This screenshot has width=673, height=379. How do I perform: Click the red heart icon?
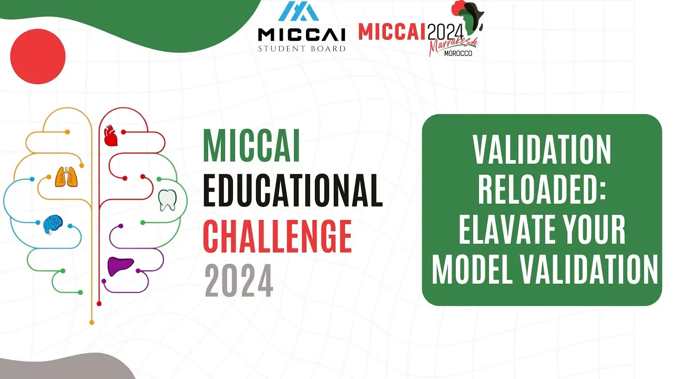[x=110, y=136]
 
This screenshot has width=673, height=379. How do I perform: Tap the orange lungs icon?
[x=66, y=177]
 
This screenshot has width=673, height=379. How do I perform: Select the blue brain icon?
[x=53, y=224]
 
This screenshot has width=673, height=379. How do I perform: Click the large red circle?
[x=38, y=56]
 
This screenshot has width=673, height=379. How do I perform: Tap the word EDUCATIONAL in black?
[x=293, y=191]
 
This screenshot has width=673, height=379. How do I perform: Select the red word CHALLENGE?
[x=277, y=236]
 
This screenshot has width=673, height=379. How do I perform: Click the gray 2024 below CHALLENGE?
[x=239, y=281]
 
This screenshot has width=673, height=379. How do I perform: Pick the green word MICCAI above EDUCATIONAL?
[x=251, y=146]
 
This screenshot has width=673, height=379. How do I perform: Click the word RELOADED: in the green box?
[x=542, y=189]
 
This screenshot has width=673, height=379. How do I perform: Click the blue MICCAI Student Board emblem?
[x=298, y=11]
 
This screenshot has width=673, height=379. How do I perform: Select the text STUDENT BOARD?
[x=302, y=48]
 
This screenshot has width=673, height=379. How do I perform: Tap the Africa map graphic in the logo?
[x=468, y=16]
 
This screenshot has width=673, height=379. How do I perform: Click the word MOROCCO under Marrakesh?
[x=458, y=54]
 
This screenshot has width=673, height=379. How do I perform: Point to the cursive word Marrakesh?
[x=453, y=45]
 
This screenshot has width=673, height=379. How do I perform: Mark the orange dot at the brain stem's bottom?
[x=92, y=323]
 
